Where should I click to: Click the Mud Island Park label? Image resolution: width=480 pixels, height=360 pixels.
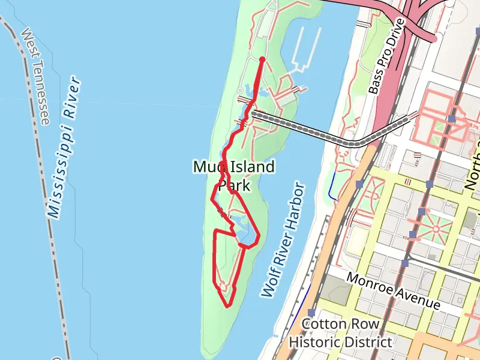coord(234,176)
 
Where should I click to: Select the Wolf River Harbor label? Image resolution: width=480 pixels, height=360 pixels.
coord(284,240)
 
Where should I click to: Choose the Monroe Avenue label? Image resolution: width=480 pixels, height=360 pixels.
coord(394,291)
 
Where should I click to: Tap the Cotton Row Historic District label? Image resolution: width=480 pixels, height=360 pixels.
coord(340,333)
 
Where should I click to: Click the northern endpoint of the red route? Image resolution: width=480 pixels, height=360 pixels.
coord(262,59)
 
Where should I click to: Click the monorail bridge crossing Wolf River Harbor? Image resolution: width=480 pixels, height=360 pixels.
coord(324,133)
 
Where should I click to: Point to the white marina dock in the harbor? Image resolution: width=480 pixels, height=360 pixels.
coord(300,54)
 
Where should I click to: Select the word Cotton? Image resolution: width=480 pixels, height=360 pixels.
coord(323,324)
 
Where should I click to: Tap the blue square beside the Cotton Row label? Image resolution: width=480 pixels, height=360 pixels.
coord(312,313)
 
